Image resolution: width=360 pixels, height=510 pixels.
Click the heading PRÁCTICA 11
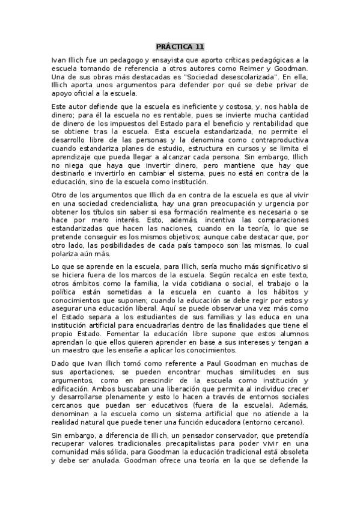(x=180, y=46)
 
